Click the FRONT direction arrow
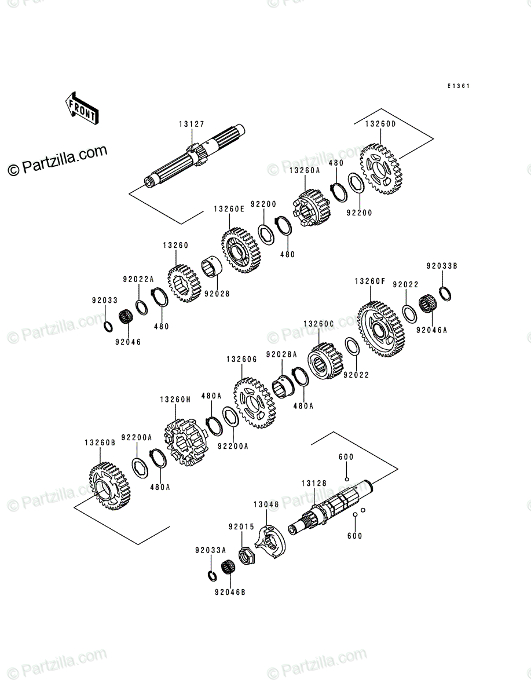82,108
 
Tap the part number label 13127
192,124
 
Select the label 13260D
380,124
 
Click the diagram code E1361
459,86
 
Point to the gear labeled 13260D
381,169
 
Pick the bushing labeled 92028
212,266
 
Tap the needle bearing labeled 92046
126,317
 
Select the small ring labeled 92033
108,327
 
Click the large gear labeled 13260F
381,329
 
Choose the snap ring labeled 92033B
445,294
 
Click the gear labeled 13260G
254,403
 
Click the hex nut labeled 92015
247,557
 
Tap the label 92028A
281,354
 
